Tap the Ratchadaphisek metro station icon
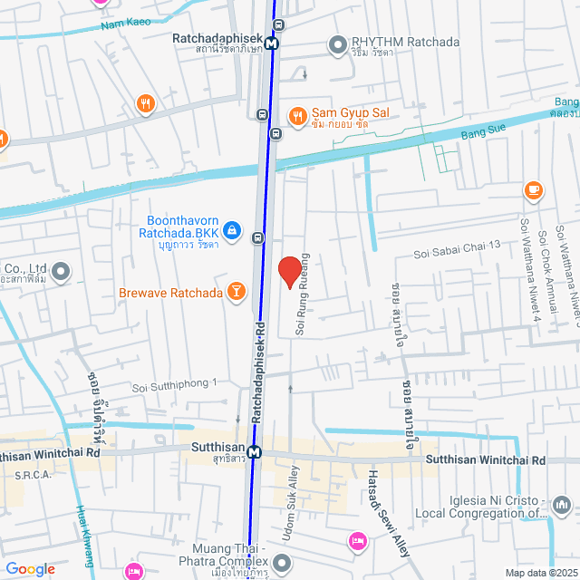(272, 41)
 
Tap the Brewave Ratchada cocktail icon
(236, 292)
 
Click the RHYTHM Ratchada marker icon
(337, 43)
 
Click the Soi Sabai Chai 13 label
(457, 248)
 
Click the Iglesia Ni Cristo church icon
(562, 503)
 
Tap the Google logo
(29, 569)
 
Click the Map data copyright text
(540, 573)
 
